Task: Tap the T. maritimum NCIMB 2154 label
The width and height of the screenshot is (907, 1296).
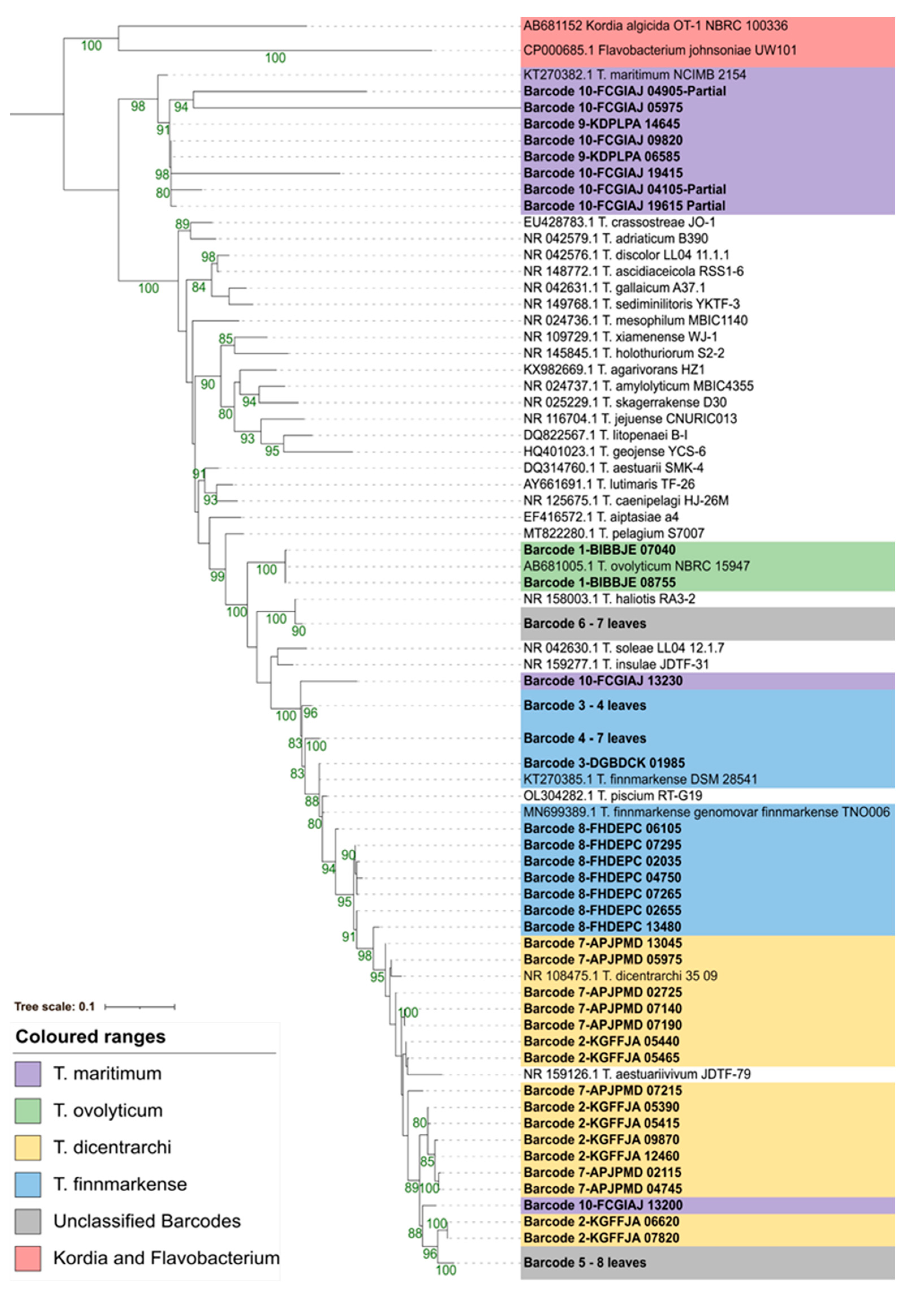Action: pyautogui.click(x=634, y=74)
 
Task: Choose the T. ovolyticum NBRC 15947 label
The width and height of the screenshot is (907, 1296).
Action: pyautogui.click(x=636, y=566)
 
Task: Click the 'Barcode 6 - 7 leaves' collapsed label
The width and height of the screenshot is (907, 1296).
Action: pyautogui.click(x=584, y=624)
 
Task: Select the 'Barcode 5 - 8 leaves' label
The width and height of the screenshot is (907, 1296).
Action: pyautogui.click(x=584, y=1263)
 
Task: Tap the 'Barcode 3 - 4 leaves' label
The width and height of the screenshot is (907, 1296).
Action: pyautogui.click(x=584, y=706)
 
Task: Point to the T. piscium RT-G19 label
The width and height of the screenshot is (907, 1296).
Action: pyautogui.click(x=613, y=796)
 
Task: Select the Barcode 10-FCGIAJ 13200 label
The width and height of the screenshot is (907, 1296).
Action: pyautogui.click(x=602, y=1205)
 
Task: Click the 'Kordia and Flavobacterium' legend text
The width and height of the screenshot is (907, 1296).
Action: pyautogui.click(x=167, y=1258)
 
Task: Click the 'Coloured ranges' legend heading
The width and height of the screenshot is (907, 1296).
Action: pyautogui.click(x=90, y=1037)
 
